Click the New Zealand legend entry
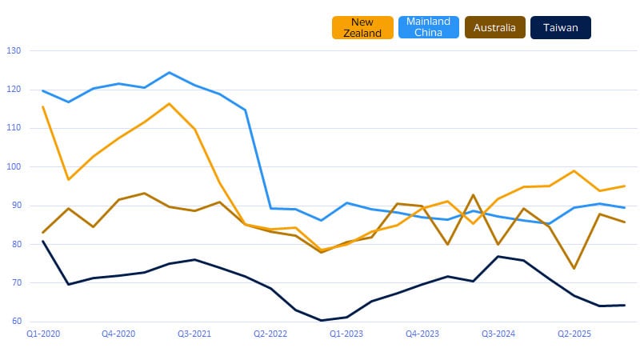(x=362, y=27)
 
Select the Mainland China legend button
(x=428, y=27)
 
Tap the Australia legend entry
(x=493, y=27)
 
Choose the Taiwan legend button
(x=560, y=27)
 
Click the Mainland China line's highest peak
(x=169, y=73)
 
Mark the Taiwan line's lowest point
(x=322, y=320)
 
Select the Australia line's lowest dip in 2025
(x=574, y=269)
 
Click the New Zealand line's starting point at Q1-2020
(x=42, y=106)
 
